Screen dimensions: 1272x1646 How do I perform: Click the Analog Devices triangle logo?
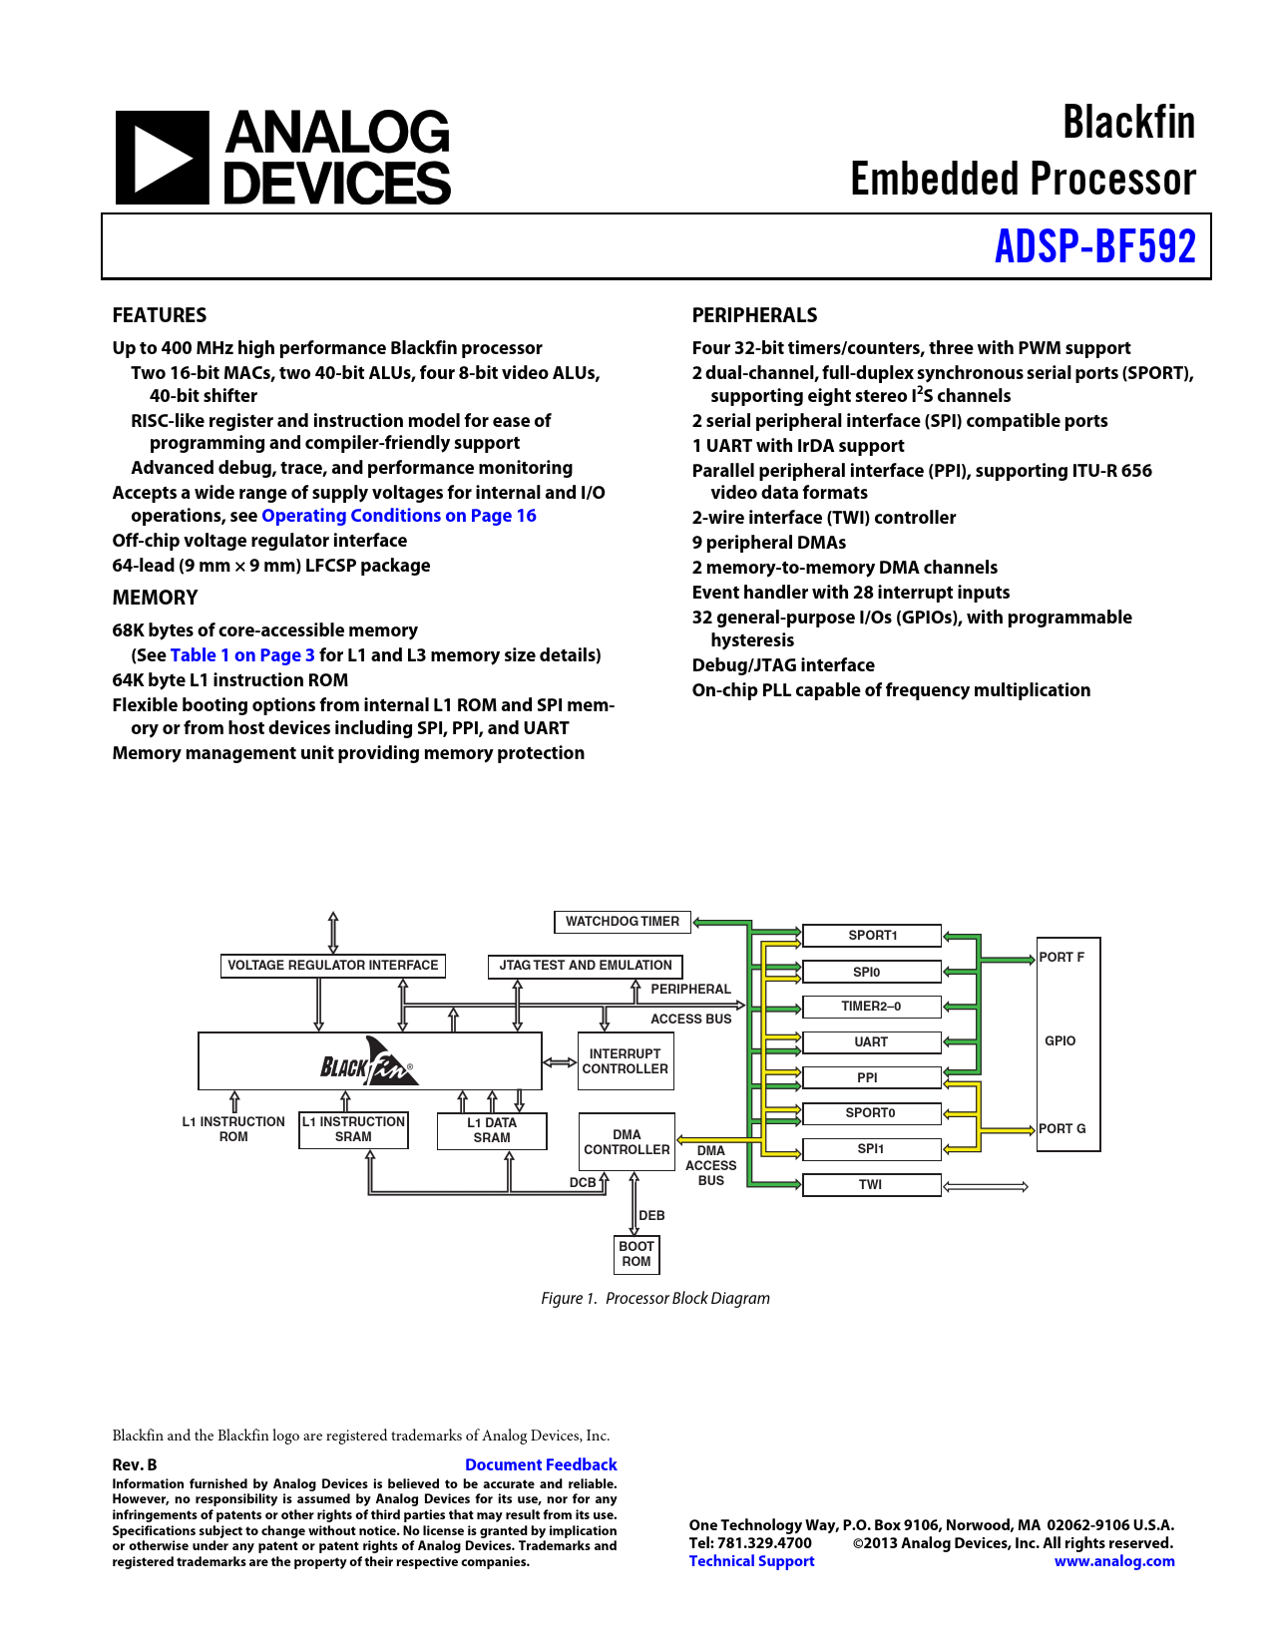[163, 158]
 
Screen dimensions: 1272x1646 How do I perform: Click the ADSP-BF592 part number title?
[1094, 246]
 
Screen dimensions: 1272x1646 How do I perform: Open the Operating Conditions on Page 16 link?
[398, 516]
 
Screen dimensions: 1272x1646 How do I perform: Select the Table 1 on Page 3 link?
[242, 655]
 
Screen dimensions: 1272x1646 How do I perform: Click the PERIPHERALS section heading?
[754, 315]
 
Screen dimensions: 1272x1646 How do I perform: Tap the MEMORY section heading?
[155, 598]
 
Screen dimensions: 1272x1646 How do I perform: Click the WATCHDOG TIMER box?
[622, 922]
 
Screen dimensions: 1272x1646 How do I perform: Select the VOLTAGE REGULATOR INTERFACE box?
[332, 966]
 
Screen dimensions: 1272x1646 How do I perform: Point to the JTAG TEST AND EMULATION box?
[585, 966]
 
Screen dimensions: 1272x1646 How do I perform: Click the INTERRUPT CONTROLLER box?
[625, 1061]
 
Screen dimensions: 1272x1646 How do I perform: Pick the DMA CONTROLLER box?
[627, 1141]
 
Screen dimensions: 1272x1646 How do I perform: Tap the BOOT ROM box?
[636, 1254]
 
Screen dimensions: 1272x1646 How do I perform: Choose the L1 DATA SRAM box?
[492, 1130]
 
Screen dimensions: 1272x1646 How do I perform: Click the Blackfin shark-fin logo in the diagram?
[368, 1062]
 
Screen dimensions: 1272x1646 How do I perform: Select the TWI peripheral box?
[871, 1185]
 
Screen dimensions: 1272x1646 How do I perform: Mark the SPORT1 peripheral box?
[871, 936]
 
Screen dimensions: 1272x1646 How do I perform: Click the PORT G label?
[1061, 1128]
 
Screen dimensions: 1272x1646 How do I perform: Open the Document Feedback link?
[541, 1465]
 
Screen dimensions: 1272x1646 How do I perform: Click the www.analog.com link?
[1114, 1560]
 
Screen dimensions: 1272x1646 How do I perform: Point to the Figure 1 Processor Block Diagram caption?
[654, 1298]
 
